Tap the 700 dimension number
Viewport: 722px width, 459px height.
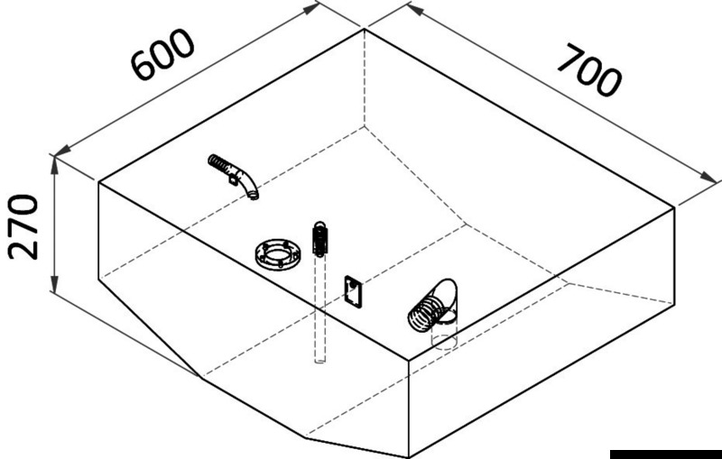point(588,69)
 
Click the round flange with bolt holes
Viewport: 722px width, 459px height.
point(278,255)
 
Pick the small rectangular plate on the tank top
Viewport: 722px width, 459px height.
point(353,292)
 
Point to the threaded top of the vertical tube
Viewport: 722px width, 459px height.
point(319,237)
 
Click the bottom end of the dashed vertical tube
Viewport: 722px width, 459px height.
point(319,360)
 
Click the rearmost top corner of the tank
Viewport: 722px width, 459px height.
point(364,30)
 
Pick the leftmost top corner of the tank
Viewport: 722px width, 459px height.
point(98,182)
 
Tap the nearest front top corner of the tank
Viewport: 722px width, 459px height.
point(410,359)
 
